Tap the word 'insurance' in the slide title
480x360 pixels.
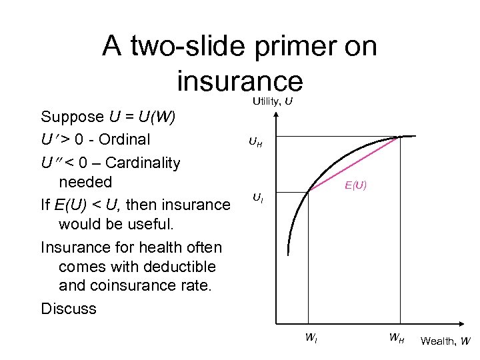click(240, 81)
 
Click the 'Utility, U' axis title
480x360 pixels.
click(272, 101)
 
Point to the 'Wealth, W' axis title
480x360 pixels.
click(445, 341)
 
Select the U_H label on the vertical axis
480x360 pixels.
click(255, 141)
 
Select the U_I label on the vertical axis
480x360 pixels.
click(257, 197)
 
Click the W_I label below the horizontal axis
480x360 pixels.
click(311, 337)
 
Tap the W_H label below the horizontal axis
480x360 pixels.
click(397, 337)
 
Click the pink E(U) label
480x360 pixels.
click(355, 185)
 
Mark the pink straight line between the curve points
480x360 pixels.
click(353, 164)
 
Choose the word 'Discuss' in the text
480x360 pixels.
click(69, 309)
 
